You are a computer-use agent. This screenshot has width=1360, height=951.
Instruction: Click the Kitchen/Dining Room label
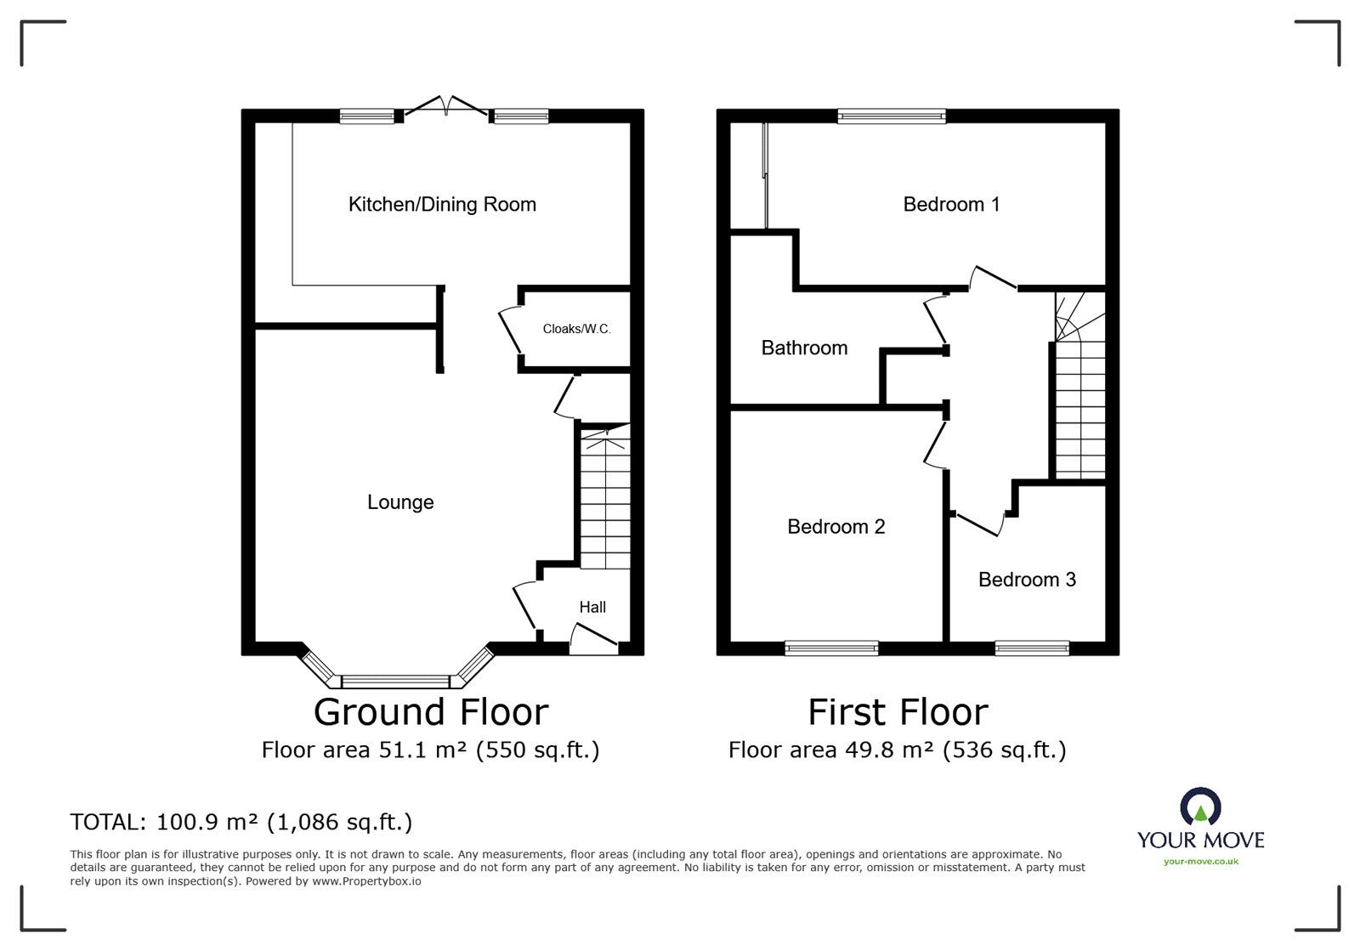coord(442,204)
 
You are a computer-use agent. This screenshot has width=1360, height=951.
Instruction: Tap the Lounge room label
coord(400,502)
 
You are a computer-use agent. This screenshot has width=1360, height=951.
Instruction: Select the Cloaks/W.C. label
coord(576,329)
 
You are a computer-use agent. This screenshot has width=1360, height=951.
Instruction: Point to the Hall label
coord(592,607)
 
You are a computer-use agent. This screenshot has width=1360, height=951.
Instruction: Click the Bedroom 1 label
coord(951,204)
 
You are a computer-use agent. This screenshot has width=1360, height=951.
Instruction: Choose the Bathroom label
coord(804,348)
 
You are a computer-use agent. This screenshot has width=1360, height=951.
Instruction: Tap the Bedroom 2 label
coord(836,527)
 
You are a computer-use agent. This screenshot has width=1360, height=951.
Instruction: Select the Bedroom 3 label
coord(1027,580)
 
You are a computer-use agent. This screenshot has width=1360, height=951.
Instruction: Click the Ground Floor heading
coord(431,712)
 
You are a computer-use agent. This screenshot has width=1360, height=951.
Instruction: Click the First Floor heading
coord(898,712)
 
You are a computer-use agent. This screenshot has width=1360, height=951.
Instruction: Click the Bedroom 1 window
coord(891,116)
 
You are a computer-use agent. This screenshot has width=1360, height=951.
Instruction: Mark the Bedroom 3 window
coord(1032,648)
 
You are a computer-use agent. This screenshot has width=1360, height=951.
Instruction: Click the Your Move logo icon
coord(1200,807)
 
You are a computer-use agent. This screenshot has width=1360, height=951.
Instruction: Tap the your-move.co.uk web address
coord(1200,862)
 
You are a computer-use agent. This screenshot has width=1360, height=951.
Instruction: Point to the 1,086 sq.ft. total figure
coord(340,822)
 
